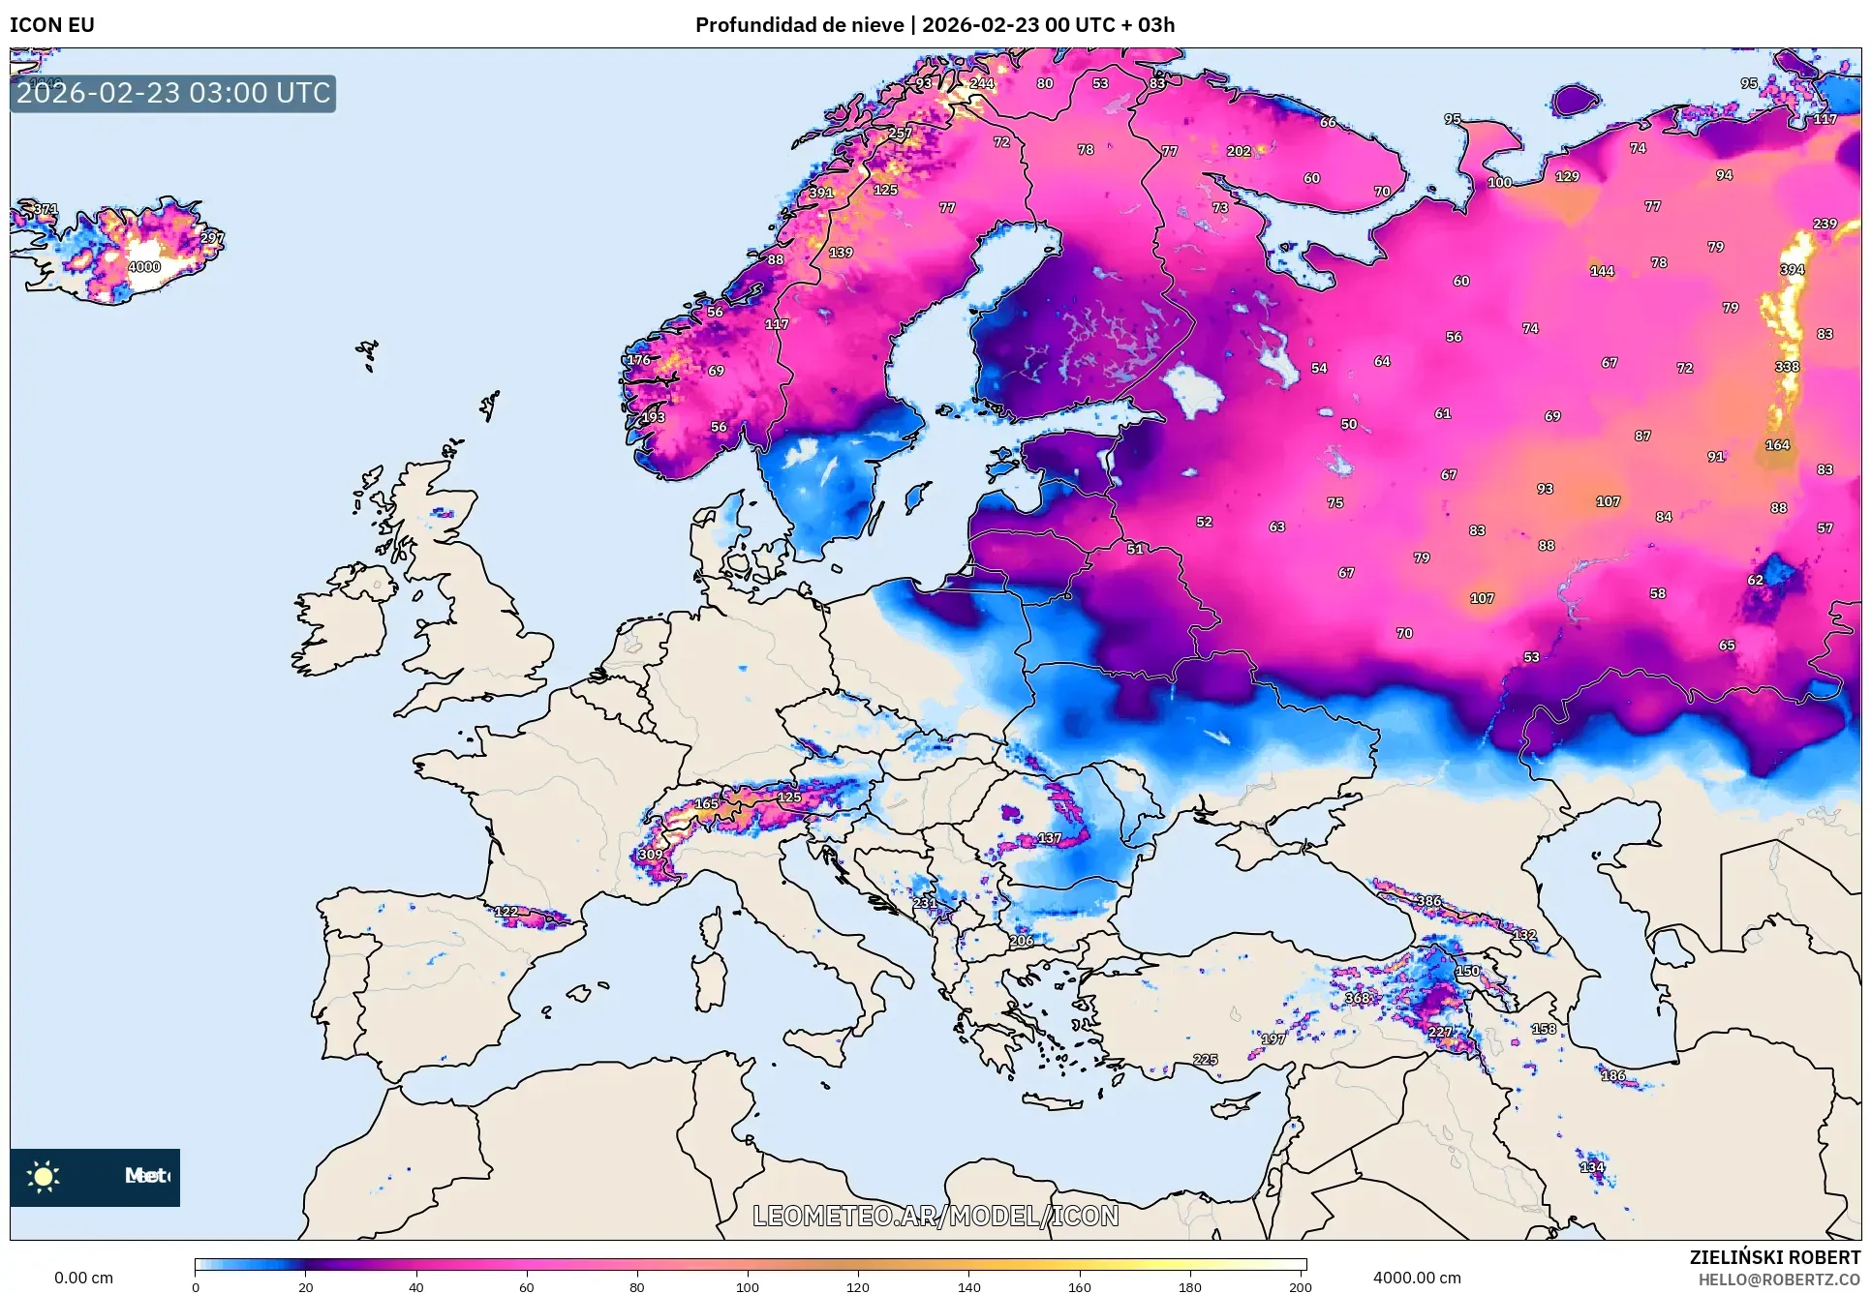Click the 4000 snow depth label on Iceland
pos(144,267)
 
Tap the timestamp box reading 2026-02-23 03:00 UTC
pos(173,93)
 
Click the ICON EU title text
pos(52,24)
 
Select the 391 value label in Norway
pos(821,193)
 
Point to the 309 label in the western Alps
pos(651,855)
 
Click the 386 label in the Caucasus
pos(1429,901)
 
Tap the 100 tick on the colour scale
pos(747,1287)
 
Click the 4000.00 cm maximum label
pos(1417,1278)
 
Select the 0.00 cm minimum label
pos(83,1278)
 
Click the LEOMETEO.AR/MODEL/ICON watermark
pos(935,1216)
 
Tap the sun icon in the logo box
pos(44,1176)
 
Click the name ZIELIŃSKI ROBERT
pos(1774,1257)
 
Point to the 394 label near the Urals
pos(1792,270)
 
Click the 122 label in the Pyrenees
pos(506,912)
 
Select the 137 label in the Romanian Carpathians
pos(1050,838)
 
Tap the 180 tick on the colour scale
pos(1189,1287)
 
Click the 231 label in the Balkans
pos(924,903)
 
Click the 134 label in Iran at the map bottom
pos(1592,1167)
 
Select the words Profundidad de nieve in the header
pos(799,24)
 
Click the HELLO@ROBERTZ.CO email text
pos(1779,1279)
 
